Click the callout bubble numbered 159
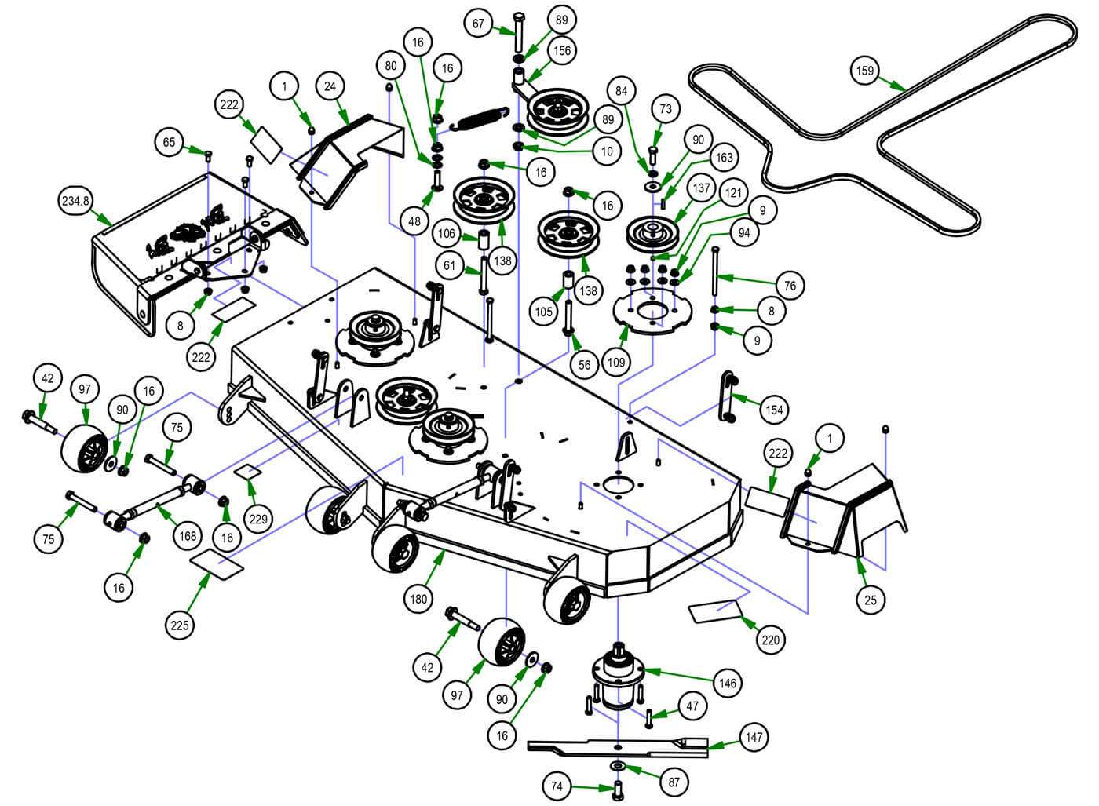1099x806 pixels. pyautogui.click(x=864, y=71)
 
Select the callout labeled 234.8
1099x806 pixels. pyautogui.click(x=76, y=201)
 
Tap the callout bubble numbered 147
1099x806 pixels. pyautogui.click(x=754, y=737)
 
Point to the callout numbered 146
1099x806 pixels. pyautogui.click(x=728, y=683)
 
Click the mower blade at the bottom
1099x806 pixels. pyautogui.click(x=618, y=748)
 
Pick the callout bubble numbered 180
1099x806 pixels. pyautogui.click(x=418, y=599)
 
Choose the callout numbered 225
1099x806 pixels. pyautogui.click(x=180, y=625)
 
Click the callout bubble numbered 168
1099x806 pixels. pyautogui.click(x=188, y=536)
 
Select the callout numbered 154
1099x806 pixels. pyautogui.click(x=775, y=409)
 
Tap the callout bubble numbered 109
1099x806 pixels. pyautogui.click(x=617, y=363)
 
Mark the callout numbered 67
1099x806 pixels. pyautogui.click(x=479, y=24)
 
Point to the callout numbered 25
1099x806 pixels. pyautogui.click(x=870, y=600)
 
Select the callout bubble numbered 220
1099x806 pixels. pyautogui.click(x=771, y=640)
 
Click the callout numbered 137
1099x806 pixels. pyautogui.click(x=701, y=189)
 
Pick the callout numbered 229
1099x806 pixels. pyautogui.click(x=258, y=519)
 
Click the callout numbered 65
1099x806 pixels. pyautogui.click(x=170, y=142)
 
